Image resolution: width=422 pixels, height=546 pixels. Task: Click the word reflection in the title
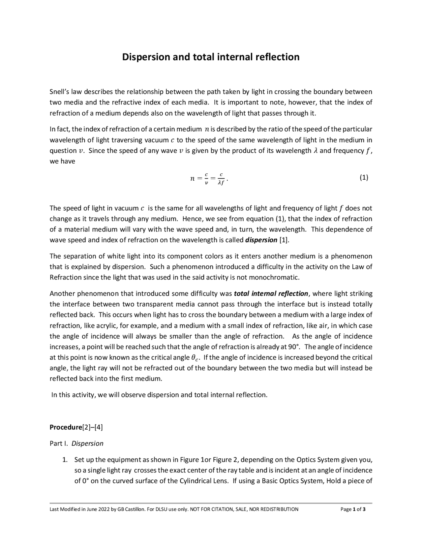point(279,57)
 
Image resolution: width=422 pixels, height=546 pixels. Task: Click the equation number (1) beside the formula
point(364,178)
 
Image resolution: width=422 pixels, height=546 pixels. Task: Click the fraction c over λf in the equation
point(221,179)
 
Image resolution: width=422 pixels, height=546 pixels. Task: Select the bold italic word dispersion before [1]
point(261,240)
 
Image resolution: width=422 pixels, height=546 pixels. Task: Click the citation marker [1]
point(284,240)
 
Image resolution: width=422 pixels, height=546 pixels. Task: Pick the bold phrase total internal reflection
point(271,294)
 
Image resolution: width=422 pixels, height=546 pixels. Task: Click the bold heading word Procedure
point(65,427)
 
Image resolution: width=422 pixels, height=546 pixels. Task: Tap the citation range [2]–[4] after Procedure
point(92,427)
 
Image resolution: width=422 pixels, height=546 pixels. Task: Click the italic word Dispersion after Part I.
point(87,443)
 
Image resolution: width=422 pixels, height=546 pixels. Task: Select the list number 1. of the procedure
point(65,460)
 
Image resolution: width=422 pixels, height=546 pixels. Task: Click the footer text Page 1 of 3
point(353,509)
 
